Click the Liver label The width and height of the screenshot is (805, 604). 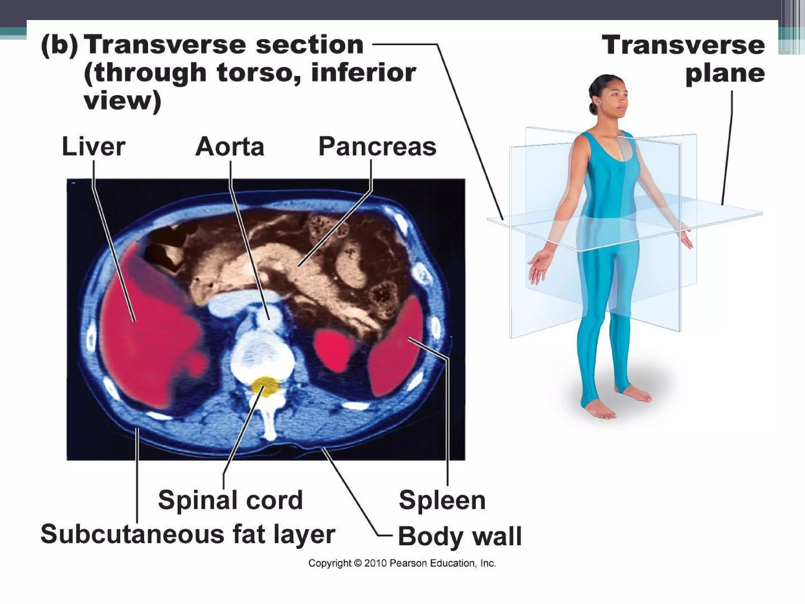point(94,147)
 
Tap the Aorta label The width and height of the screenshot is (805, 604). point(230,147)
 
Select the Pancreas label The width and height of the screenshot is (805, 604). point(377,147)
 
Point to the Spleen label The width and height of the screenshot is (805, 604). point(442,500)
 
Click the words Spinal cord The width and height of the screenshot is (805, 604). point(230,500)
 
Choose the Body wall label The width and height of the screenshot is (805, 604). point(459,536)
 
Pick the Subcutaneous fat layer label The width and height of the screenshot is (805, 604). point(188,534)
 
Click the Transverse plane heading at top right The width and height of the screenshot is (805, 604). point(684,59)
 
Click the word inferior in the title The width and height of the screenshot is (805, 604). point(364,72)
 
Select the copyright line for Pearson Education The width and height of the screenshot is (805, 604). point(402,563)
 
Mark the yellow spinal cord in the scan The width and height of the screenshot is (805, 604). point(265,386)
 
